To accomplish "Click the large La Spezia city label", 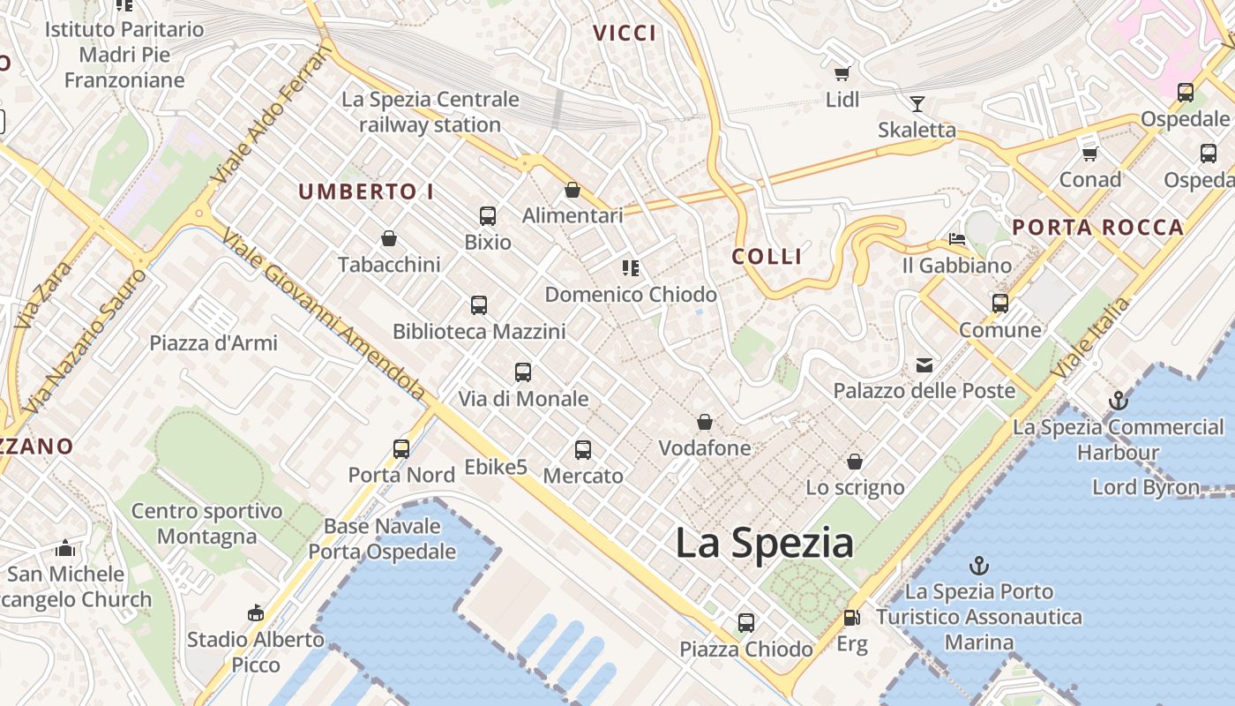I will (764, 543).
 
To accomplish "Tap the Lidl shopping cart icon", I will (842, 73).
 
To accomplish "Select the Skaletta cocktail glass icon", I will (917, 104).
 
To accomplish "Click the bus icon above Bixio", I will (488, 215).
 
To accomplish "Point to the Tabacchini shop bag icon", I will (389, 238).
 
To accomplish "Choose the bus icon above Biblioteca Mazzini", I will (479, 305).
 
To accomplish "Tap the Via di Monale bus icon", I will (523, 372).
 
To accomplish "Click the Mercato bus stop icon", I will (583, 450).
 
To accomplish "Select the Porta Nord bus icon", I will (401, 449).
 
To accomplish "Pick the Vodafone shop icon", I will (705, 422).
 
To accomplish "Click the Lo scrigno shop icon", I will (854, 462).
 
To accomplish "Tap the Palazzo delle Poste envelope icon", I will (924, 364).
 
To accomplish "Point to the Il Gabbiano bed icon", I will (957, 239).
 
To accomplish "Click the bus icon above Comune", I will (1000, 304).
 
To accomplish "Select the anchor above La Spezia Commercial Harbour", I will (1118, 401).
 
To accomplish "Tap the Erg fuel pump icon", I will (851, 619).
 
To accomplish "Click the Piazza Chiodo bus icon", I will (746, 623).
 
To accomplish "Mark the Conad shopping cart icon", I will (1089, 154).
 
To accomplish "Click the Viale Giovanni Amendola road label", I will (324, 314).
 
